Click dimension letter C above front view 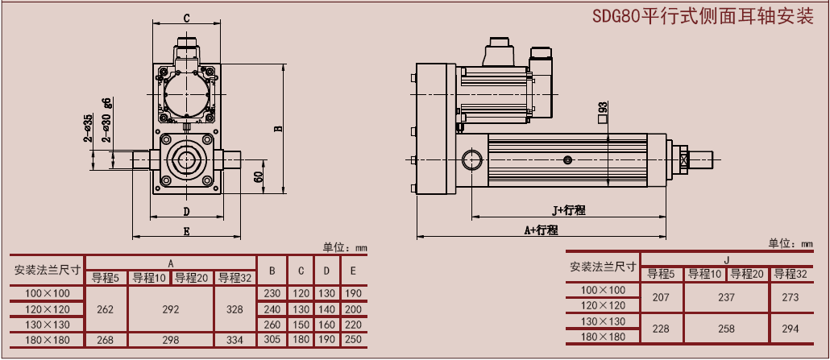pyautogui.click(x=186, y=18)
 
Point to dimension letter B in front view pyautogui.click(x=277, y=127)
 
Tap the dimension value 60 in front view pyautogui.click(x=258, y=176)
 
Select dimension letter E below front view pyautogui.click(x=186, y=231)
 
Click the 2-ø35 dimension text pyautogui.click(x=87, y=128)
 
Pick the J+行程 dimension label pyautogui.click(x=569, y=210)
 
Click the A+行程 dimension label pyautogui.click(x=541, y=230)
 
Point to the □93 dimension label pyautogui.click(x=602, y=111)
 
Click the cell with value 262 pyautogui.click(x=106, y=308)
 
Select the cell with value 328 pyautogui.click(x=234, y=308)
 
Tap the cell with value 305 pyautogui.click(x=272, y=340)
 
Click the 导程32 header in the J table pyautogui.click(x=791, y=274)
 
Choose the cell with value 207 pyautogui.click(x=661, y=297)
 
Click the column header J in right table pyautogui.click(x=726, y=259)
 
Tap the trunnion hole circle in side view pyautogui.click(x=471, y=160)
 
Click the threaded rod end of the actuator pyautogui.click(x=700, y=159)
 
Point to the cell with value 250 pyautogui.click(x=353, y=340)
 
